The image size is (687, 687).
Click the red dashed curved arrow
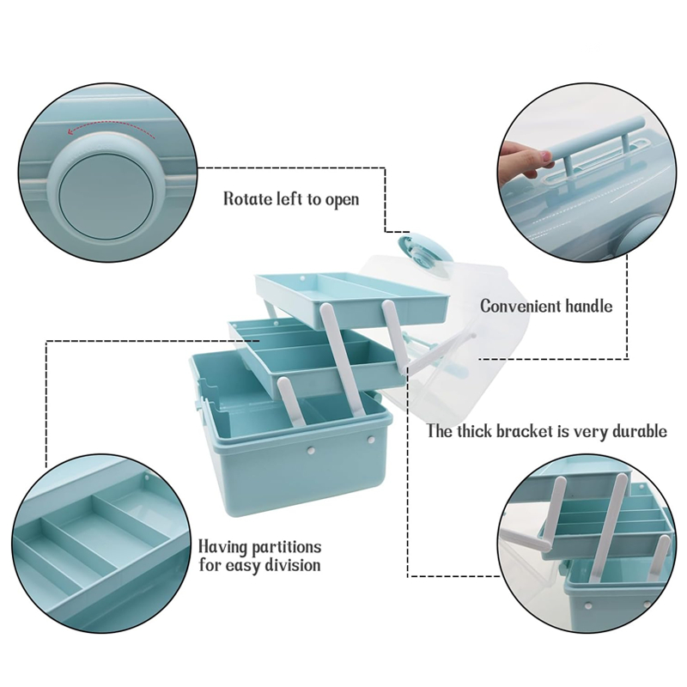111,130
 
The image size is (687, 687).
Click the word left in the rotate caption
289,198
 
